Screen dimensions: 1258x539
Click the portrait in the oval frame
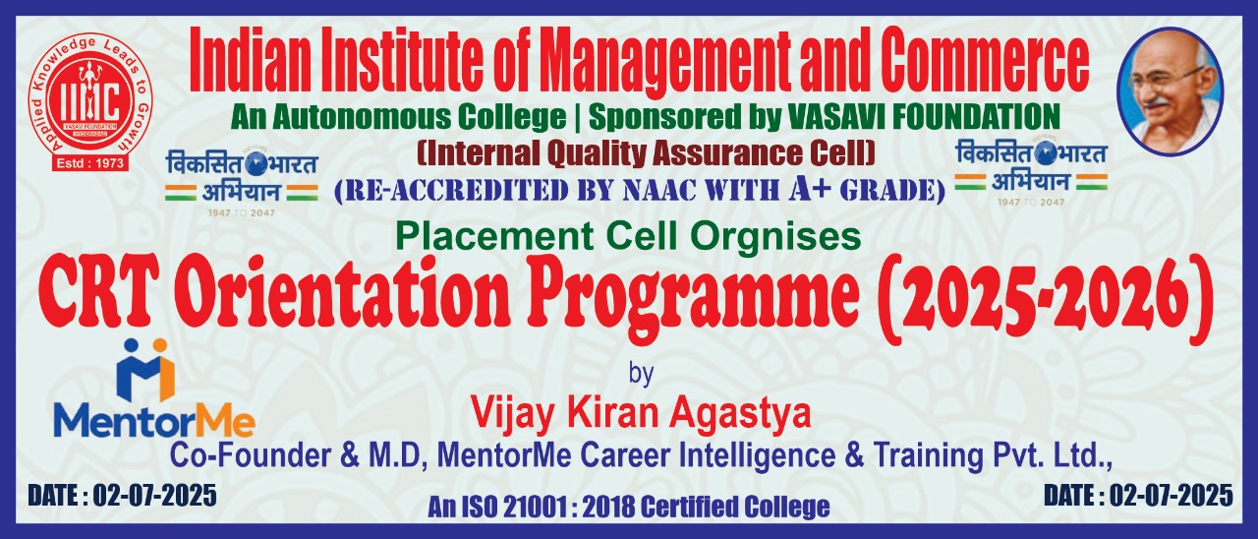1171,91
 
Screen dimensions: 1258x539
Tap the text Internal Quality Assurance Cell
647,153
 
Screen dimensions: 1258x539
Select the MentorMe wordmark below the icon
154,422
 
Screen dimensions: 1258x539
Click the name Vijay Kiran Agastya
641,412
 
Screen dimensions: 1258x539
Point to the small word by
641,374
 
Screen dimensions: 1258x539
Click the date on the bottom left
123,497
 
